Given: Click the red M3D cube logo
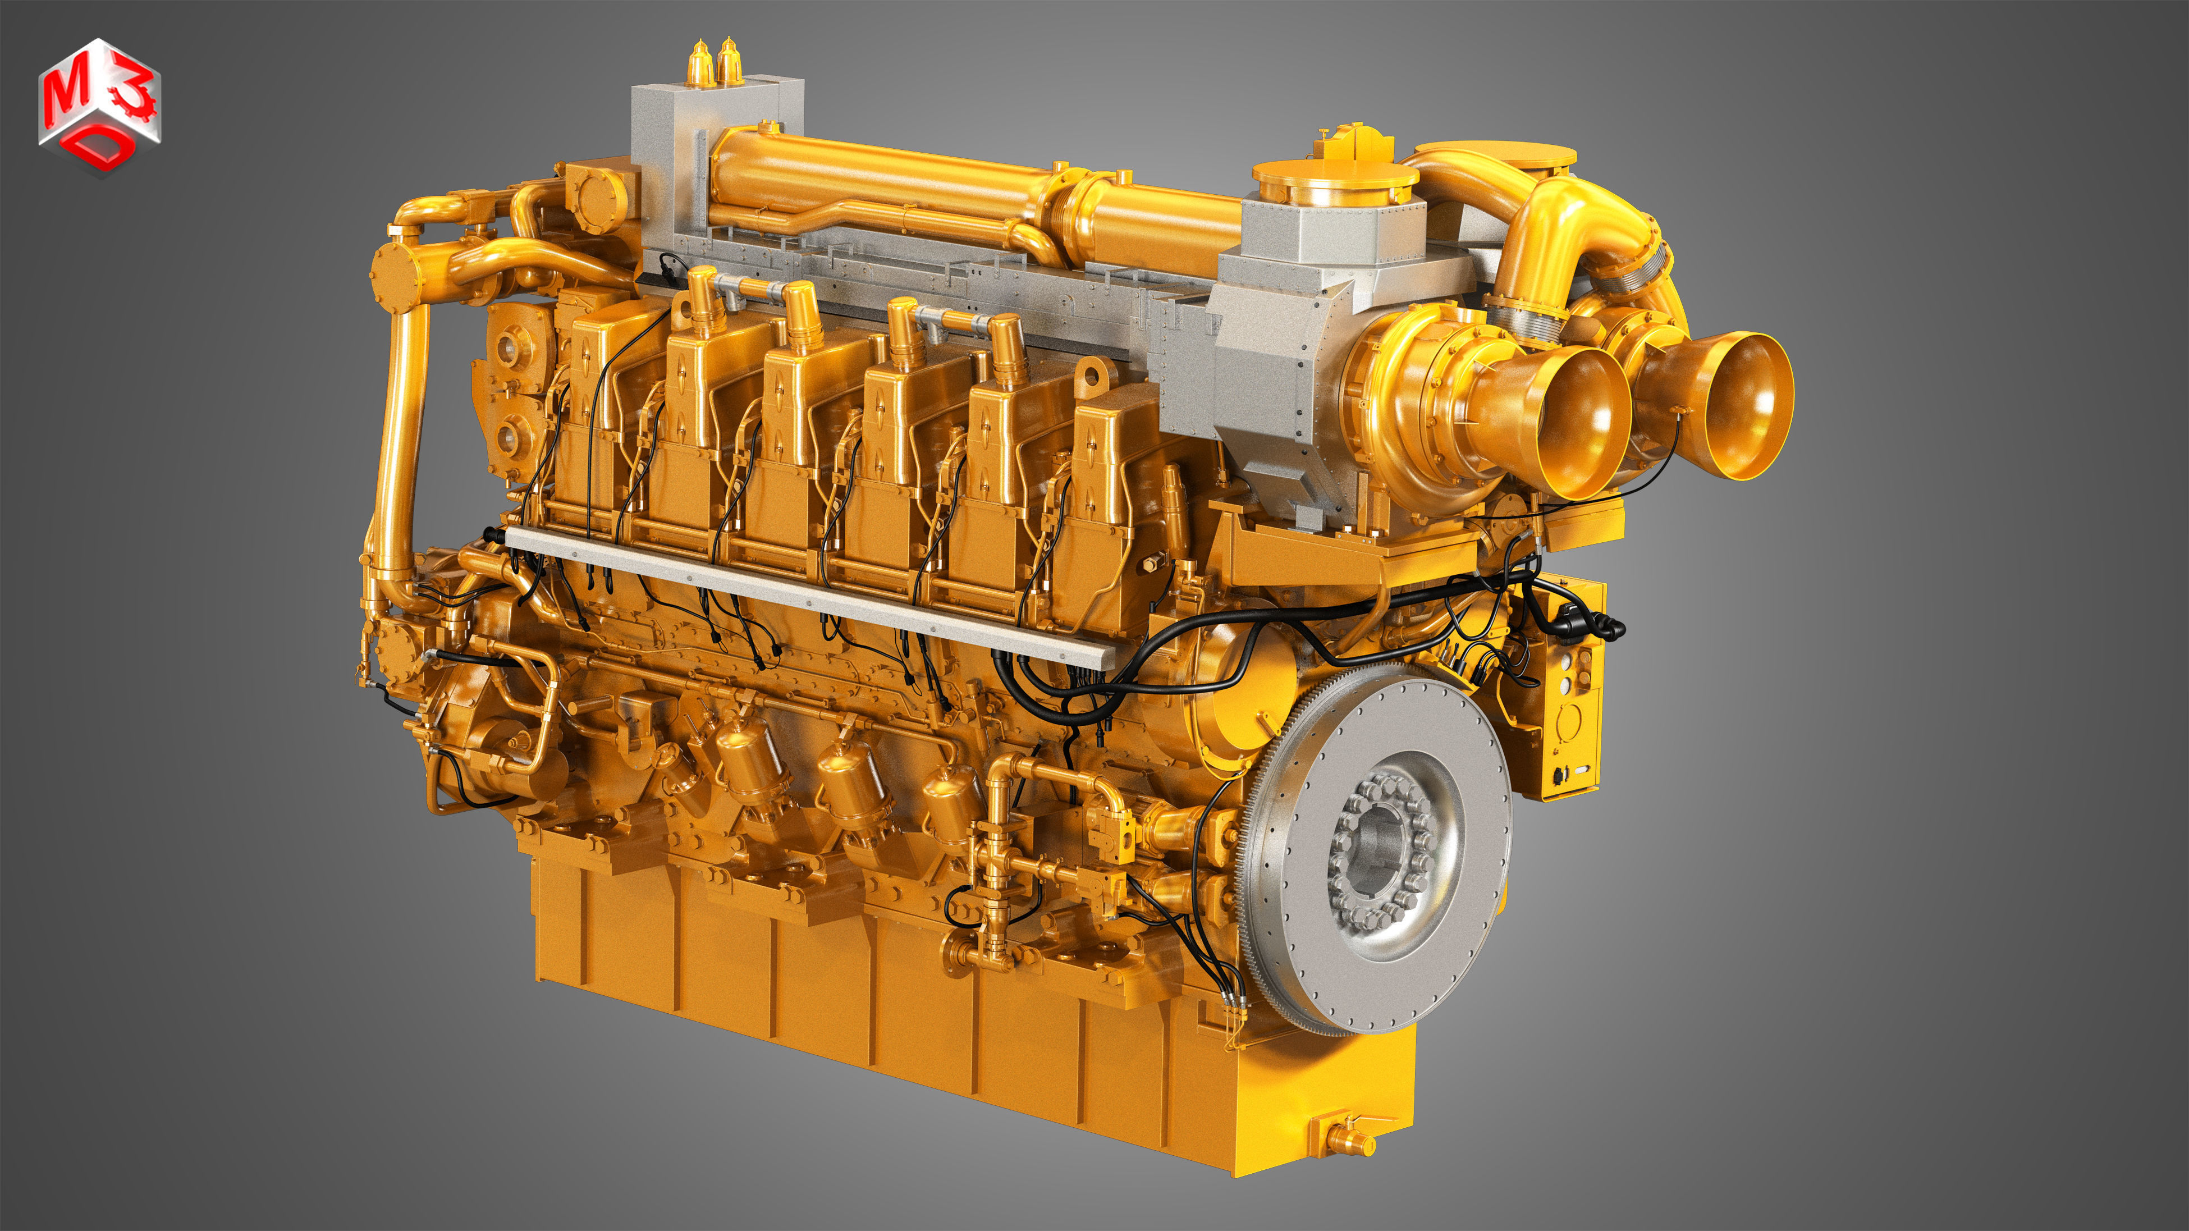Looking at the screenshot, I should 99,106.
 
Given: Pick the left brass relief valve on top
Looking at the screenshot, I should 698,65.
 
